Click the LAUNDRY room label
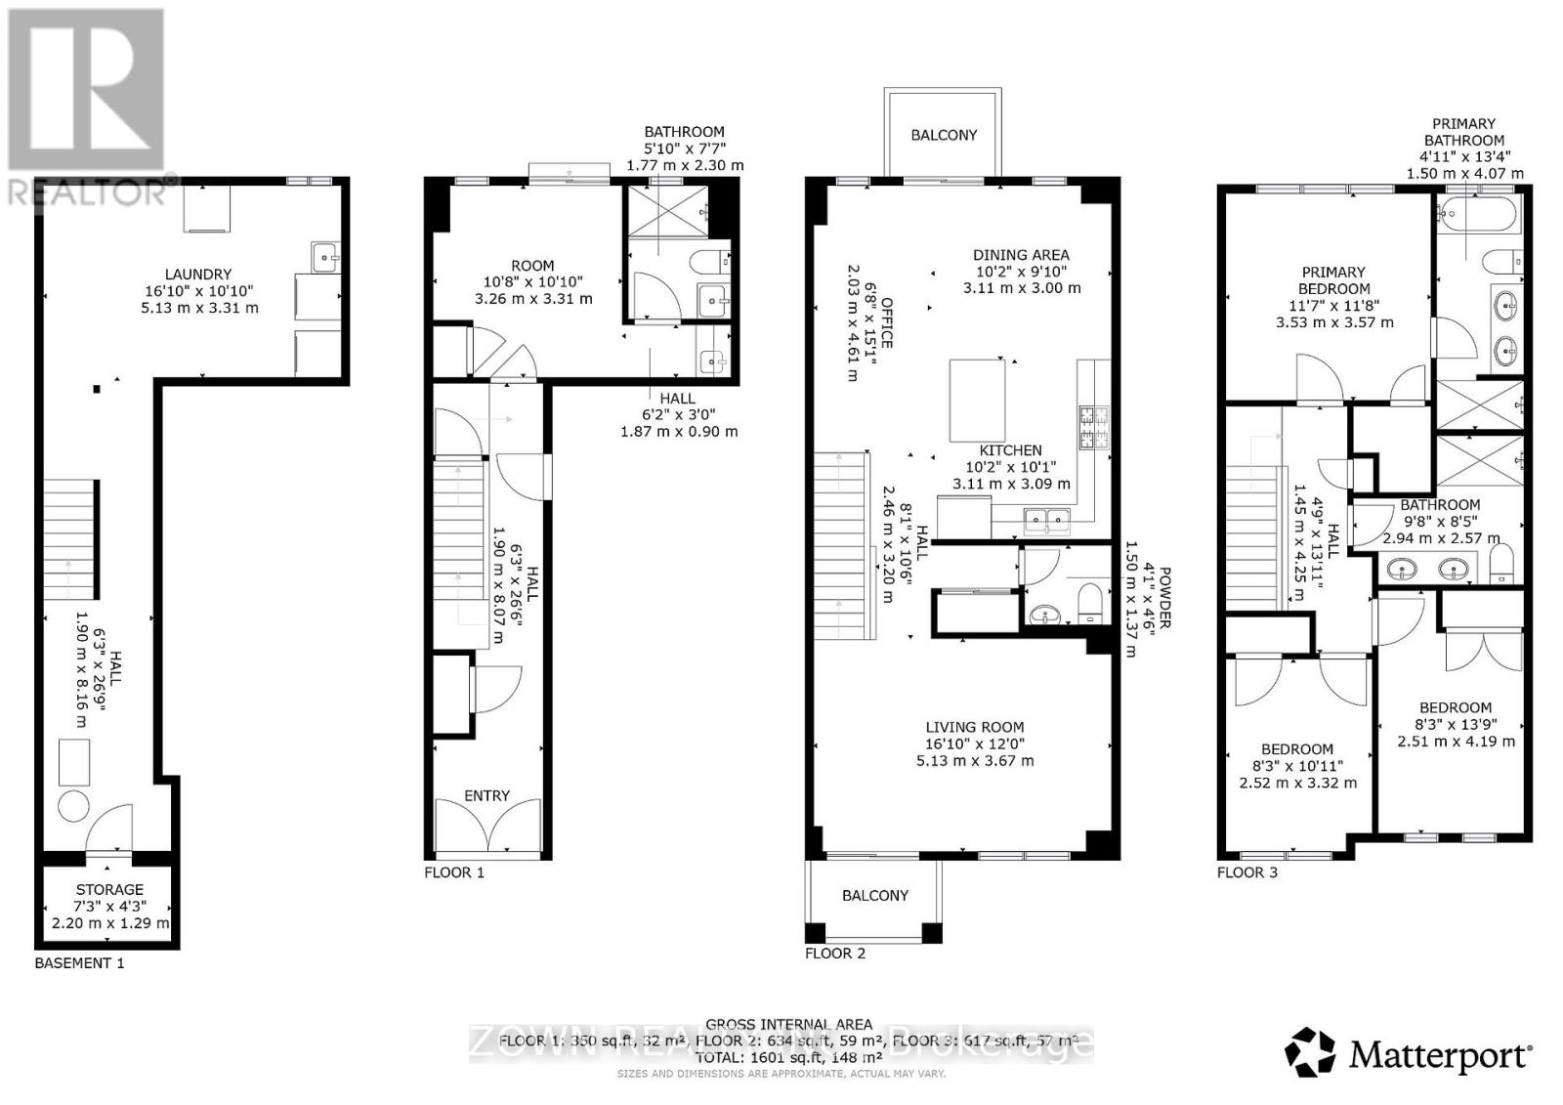pyautogui.click(x=198, y=275)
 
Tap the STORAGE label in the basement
pyautogui.click(x=109, y=890)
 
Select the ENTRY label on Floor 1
pyautogui.click(x=486, y=796)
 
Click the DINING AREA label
pyautogui.click(x=1021, y=255)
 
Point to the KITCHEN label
pyautogui.click(x=1010, y=450)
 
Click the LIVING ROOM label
pyautogui.click(x=975, y=727)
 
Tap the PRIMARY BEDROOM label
pyautogui.click(x=1333, y=280)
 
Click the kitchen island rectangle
pyautogui.click(x=977, y=401)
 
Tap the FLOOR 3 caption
pyautogui.click(x=1246, y=872)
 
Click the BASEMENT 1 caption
pyautogui.click(x=79, y=963)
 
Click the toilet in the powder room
pyautogui.click(x=1090, y=601)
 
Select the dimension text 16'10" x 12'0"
pyautogui.click(x=975, y=744)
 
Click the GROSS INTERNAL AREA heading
pyautogui.click(x=788, y=1024)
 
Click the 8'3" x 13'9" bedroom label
pyautogui.click(x=1456, y=725)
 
